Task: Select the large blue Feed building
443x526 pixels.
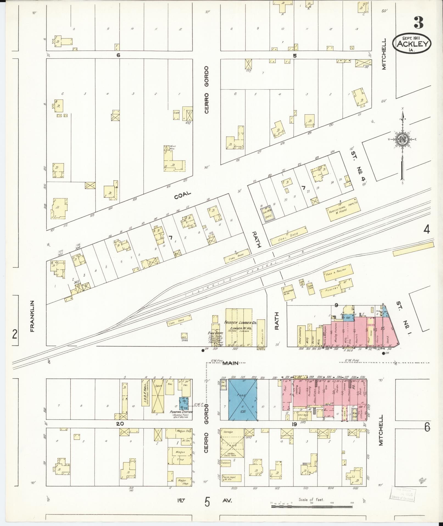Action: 243,404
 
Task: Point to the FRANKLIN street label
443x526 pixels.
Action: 32,316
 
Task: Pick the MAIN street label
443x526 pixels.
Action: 230,363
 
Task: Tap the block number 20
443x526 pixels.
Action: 120,431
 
